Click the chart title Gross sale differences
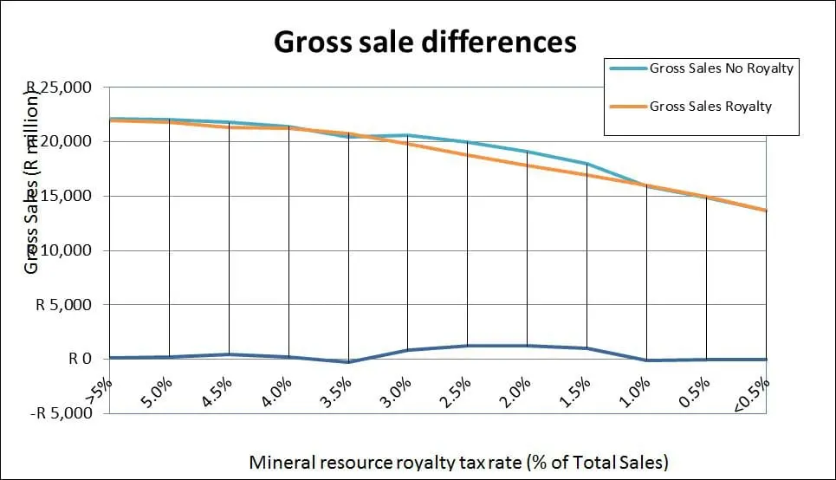425,42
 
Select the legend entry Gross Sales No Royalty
721,68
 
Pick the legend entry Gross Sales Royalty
710,107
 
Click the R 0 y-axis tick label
81,359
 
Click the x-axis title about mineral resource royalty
459,462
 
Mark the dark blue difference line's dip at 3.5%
348,362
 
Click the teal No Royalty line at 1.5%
587,163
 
